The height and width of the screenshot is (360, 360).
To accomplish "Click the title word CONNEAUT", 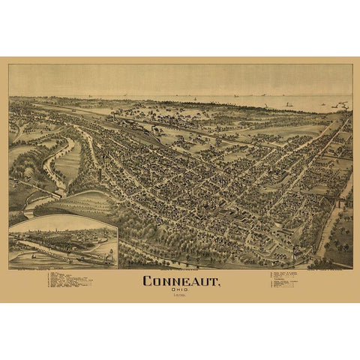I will tap(180, 281).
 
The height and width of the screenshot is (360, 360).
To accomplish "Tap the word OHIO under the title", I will tap(180, 291).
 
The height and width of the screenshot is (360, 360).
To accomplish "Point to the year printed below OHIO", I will tap(180, 297).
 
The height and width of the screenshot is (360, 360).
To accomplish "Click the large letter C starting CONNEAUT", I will tap(148, 281).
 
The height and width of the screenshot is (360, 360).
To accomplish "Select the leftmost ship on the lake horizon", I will tap(90, 97).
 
